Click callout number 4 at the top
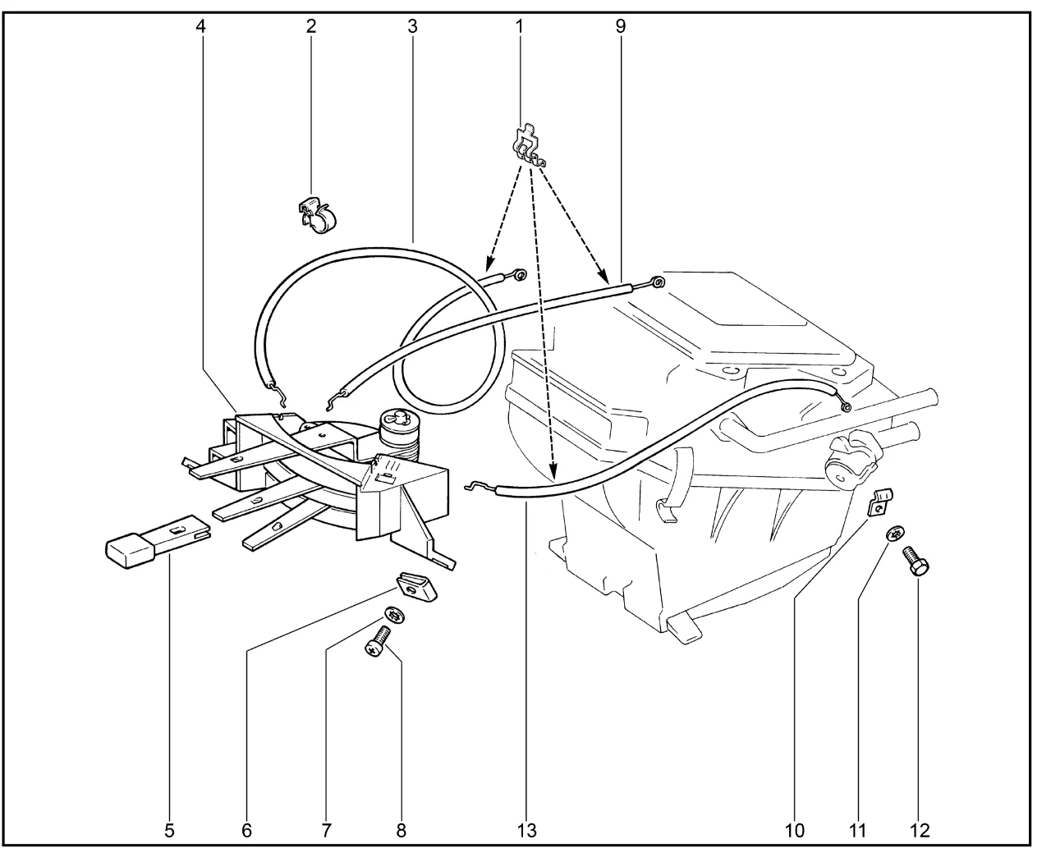[201, 25]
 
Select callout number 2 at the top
[311, 25]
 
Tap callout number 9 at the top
[621, 25]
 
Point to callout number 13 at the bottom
[528, 830]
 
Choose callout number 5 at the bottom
[169, 830]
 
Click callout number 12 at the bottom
[920, 830]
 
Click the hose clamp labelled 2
[318, 215]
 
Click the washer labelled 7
[394, 615]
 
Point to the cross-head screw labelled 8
[377, 639]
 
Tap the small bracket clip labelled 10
[879, 502]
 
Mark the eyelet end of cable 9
[658, 282]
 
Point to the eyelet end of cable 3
[520, 273]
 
